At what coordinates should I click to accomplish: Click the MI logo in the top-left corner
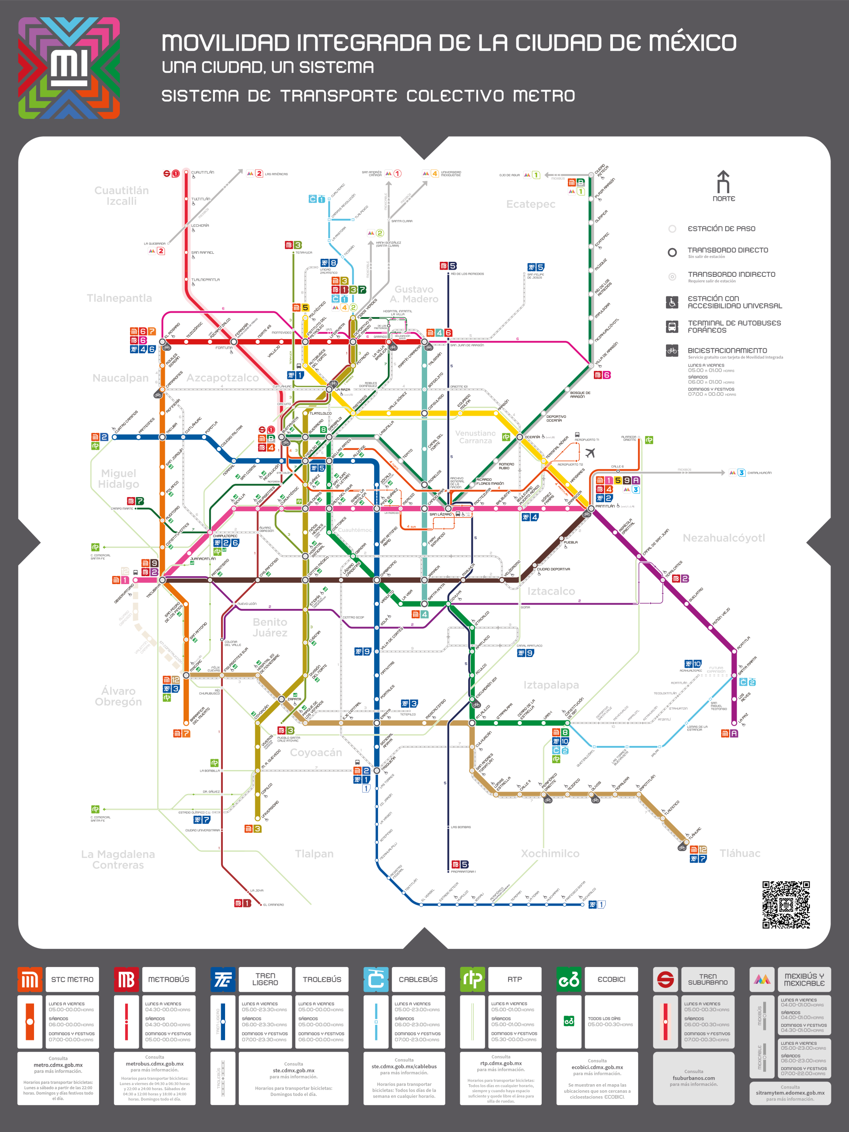point(69,68)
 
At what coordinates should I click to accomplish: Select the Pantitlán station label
point(605,506)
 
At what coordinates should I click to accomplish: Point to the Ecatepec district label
point(531,204)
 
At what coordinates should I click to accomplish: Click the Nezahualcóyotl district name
point(723,538)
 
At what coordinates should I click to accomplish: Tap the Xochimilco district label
point(550,853)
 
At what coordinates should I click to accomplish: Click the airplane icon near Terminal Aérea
point(590,453)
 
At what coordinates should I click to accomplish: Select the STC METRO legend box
point(72,979)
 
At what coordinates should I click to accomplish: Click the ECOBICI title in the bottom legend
point(612,979)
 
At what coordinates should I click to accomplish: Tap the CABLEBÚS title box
point(418,979)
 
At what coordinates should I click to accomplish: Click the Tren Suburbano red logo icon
point(665,979)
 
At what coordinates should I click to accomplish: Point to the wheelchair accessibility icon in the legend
point(672,302)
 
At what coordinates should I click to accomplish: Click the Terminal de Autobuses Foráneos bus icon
point(672,326)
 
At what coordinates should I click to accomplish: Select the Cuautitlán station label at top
point(203,172)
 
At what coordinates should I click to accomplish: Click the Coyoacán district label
point(316,752)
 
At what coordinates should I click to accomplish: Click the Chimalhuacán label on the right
point(759,473)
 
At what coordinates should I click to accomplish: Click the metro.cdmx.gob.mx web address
point(58,1065)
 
